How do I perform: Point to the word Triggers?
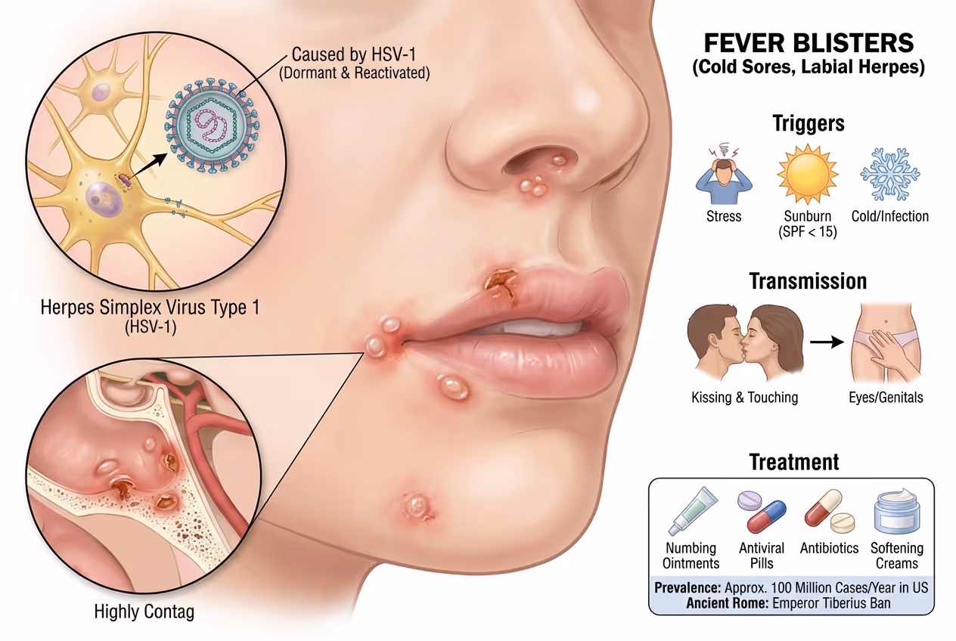tap(808, 123)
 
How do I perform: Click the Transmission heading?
tap(808, 281)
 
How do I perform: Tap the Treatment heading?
tap(794, 461)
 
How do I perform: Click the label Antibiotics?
tap(829, 548)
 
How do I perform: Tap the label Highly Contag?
tap(144, 612)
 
